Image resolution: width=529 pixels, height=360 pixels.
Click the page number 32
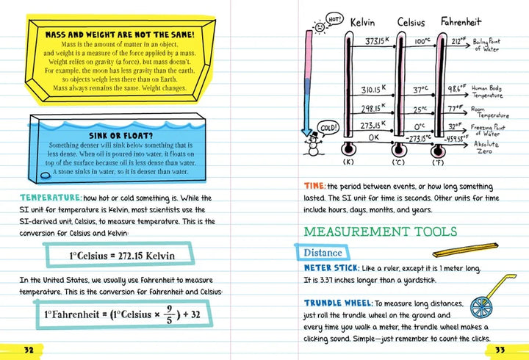[x=29, y=348]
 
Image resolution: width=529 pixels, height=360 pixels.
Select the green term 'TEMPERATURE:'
[x=50, y=198]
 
